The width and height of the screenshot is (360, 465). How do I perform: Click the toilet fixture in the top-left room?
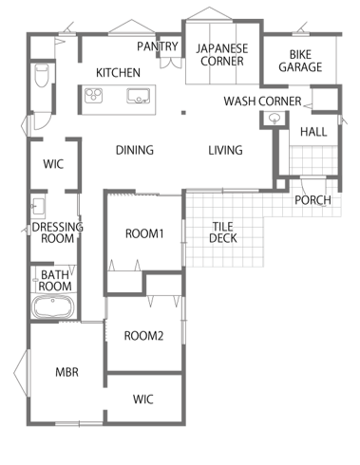pos(42,75)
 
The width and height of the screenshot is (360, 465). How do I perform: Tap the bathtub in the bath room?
pos(53,307)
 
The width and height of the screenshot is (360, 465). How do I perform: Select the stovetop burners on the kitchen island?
pos(93,95)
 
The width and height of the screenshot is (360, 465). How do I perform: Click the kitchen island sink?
pos(138,96)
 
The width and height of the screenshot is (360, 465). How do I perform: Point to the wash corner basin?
pos(275,119)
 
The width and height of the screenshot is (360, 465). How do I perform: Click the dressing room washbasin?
pos(38,206)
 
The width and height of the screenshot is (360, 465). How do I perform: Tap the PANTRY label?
pos(158,46)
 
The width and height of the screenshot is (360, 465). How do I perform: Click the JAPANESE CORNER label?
pos(222,54)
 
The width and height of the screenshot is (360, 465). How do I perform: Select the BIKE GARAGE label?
pos(300,61)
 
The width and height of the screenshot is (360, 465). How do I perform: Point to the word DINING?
pos(135,150)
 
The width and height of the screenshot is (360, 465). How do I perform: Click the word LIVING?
pos(225,150)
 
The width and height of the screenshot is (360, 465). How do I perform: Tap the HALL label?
pos(313,132)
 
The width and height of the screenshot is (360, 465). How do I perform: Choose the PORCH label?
pos(313,199)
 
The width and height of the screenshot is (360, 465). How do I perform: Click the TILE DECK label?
pos(223,232)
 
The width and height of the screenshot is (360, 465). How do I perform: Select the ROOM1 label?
pos(144,233)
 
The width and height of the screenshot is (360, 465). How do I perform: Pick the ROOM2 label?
pos(143,335)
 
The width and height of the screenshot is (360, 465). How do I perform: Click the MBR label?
pos(66,372)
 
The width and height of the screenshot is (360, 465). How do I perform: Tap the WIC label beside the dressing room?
pos(53,164)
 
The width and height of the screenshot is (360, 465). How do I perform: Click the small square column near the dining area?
pos(183,112)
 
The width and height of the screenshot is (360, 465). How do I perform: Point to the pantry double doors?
pos(171,63)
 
